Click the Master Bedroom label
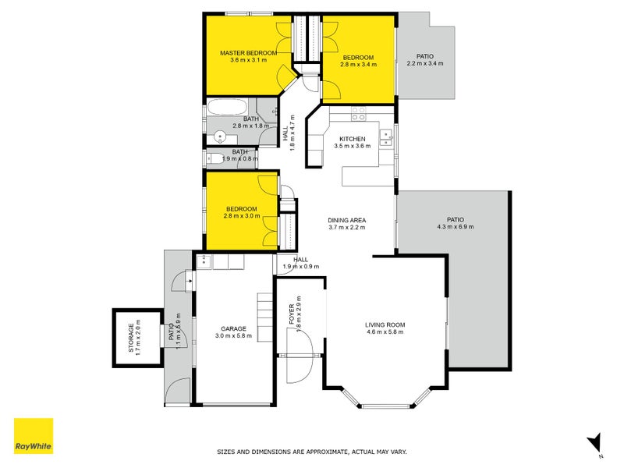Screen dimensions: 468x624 248,53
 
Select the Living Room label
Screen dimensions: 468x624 385,324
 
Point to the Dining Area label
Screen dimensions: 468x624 346,220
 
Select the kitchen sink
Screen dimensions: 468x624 385,139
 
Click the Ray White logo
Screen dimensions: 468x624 34,436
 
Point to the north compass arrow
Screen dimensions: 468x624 594,442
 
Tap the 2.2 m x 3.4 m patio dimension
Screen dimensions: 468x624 424,64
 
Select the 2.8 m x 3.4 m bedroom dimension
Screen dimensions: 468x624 358,65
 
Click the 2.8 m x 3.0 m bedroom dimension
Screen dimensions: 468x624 242,216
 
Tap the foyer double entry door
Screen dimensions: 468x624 299,356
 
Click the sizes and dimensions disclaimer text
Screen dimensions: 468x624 311,452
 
